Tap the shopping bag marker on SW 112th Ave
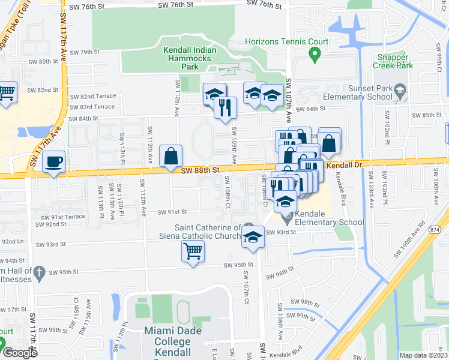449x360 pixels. point(171,156)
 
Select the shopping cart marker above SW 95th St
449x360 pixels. point(193,251)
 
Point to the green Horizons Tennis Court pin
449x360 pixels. point(313,56)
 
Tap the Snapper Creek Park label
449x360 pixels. point(393,61)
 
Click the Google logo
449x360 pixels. point(20,353)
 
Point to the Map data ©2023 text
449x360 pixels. point(424,355)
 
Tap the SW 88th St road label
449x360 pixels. point(198,170)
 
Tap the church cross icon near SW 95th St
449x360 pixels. point(40,273)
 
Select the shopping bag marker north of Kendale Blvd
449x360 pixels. point(330,143)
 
